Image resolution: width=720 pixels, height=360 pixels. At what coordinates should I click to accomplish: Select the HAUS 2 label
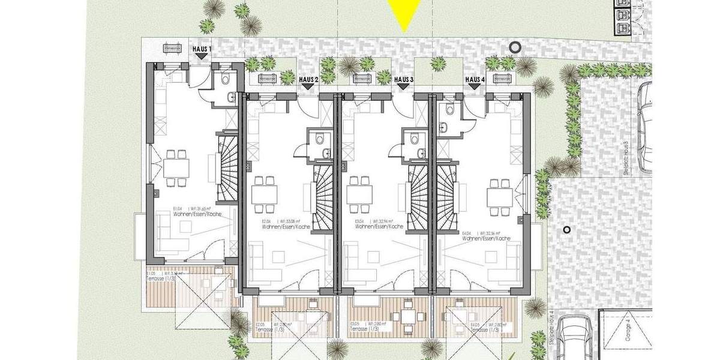click(308, 79)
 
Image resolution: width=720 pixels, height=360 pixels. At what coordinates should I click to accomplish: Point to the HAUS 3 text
click(404, 79)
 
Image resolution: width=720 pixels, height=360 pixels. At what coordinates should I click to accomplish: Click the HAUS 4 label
click(475, 79)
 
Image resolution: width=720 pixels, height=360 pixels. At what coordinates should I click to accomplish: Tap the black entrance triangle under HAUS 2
click(308, 87)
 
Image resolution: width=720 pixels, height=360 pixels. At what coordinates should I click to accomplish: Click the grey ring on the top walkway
click(514, 46)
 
